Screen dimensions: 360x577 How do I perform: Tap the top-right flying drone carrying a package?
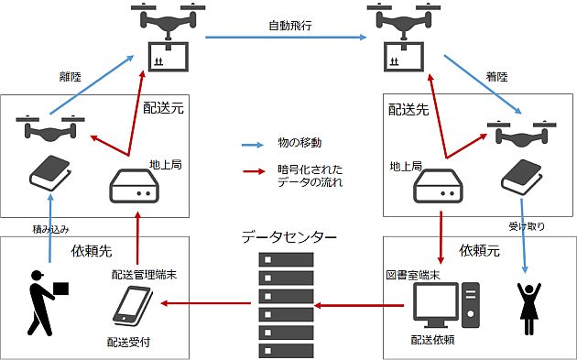(x=399, y=40)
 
